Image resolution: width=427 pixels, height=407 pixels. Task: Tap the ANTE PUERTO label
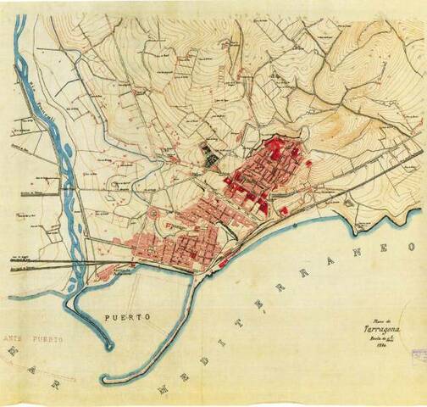pyautogui.click(x=38, y=337)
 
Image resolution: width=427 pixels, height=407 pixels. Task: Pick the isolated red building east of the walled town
pyautogui.click(x=308, y=163)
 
